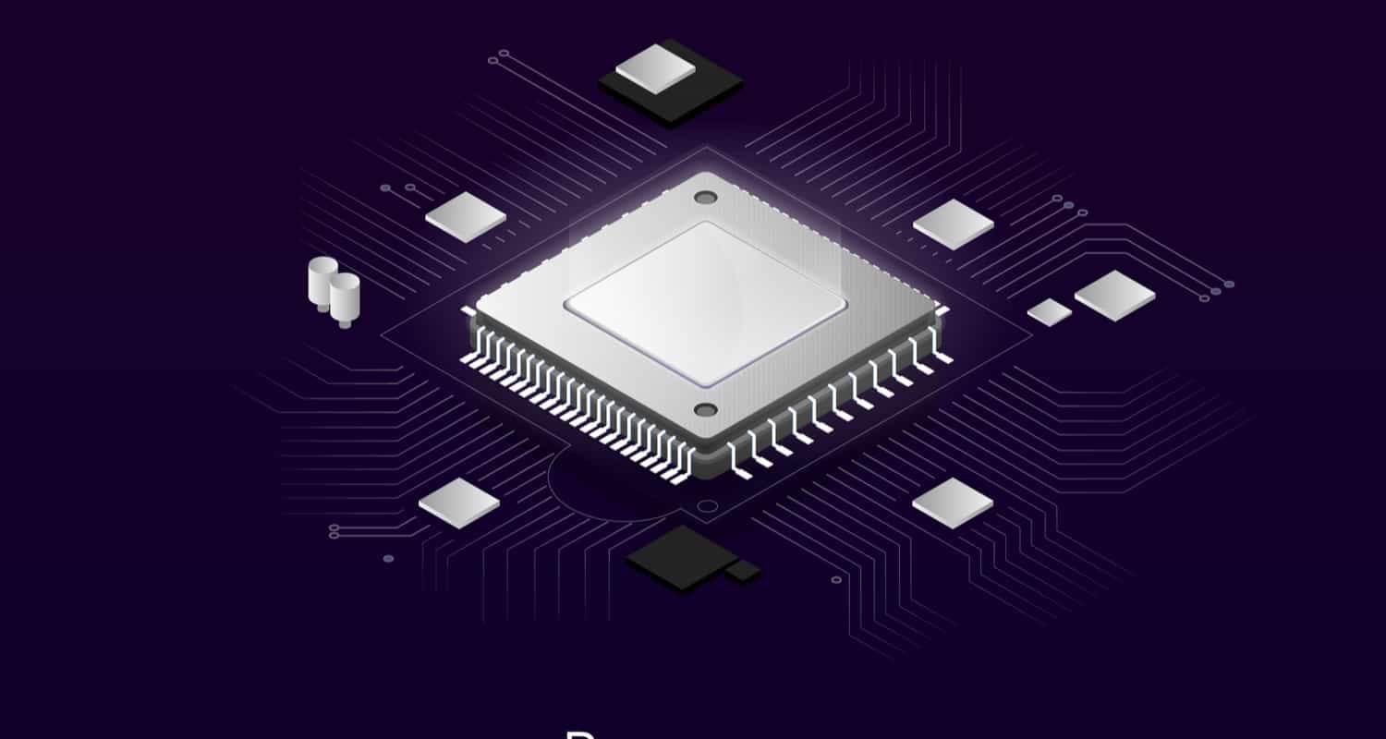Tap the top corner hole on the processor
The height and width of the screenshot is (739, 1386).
(705, 198)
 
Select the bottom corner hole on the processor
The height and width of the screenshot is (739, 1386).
(705, 410)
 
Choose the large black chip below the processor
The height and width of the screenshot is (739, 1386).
(679, 558)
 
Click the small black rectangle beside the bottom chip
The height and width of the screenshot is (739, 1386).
(744, 572)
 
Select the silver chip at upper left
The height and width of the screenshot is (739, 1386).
(466, 218)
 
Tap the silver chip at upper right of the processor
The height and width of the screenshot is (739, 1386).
(954, 224)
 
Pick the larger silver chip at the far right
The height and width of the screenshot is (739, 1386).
(1115, 296)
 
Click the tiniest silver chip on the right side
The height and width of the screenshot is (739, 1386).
(1050, 312)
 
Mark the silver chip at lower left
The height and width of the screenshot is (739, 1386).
(459, 503)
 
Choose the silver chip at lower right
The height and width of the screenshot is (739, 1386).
(953, 503)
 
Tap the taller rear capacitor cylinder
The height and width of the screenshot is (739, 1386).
(322, 281)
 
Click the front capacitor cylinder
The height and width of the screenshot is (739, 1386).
(345, 297)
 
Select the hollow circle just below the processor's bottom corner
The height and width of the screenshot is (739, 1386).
(707, 506)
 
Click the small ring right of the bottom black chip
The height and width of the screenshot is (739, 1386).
(836, 580)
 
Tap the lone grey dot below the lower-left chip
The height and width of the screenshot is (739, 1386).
(388, 559)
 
